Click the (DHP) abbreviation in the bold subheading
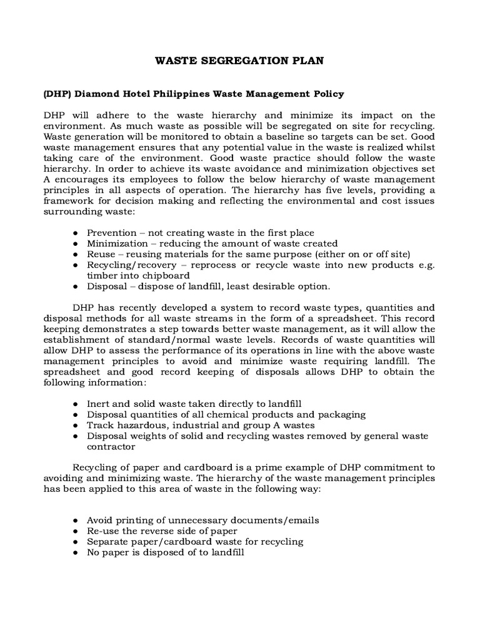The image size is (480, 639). [57, 94]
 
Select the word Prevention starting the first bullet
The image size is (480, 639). [110, 233]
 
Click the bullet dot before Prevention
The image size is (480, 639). [75, 233]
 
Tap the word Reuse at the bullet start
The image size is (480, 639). [101, 254]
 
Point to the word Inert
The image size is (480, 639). [98, 404]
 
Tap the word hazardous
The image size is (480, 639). [134, 426]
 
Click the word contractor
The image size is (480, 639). [111, 447]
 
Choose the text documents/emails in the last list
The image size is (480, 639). [271, 520]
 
